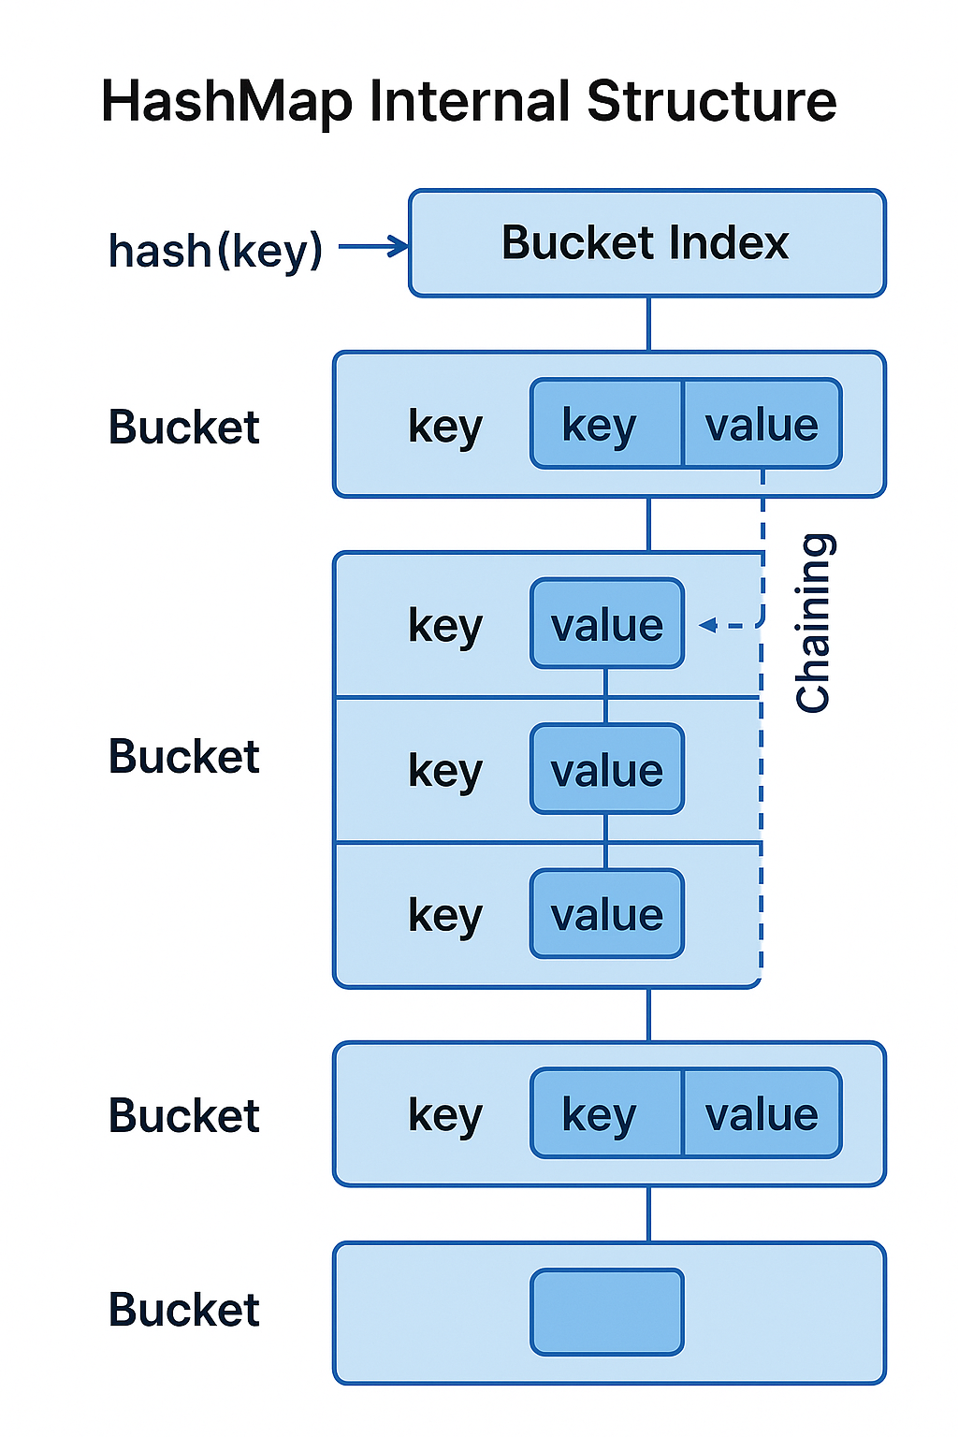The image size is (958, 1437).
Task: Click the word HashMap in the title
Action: coord(226,101)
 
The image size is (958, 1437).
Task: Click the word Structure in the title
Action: coord(711,101)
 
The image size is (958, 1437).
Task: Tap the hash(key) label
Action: coord(215,251)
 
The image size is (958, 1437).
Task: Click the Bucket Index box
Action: coord(646,243)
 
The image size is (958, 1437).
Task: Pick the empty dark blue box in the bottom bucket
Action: coord(607,1312)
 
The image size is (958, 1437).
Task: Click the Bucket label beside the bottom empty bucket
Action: coord(183,1310)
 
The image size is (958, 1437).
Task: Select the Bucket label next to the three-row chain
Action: coord(183,756)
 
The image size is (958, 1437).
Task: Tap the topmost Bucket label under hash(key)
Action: coord(183,427)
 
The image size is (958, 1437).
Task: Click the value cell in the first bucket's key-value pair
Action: coord(762,425)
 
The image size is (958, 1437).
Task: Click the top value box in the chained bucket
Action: coord(607,624)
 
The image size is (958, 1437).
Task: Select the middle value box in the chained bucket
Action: coord(607,769)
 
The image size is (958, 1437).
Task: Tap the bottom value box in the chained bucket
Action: coord(607,914)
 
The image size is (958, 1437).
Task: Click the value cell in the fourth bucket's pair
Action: coord(762,1114)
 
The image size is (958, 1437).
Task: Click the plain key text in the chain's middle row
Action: coord(445,771)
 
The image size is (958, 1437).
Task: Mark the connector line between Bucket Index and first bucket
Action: coord(648,324)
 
